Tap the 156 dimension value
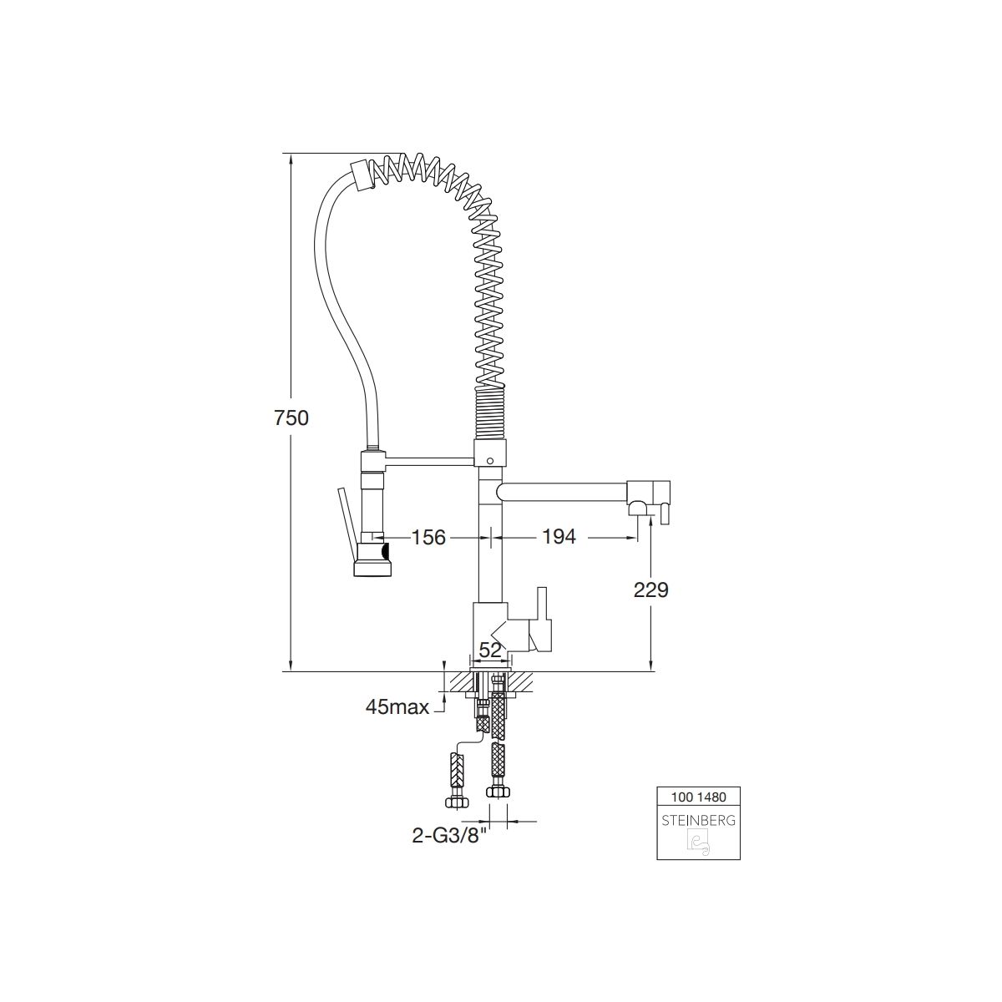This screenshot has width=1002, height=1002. click(x=428, y=537)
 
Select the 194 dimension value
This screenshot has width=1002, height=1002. click(x=559, y=537)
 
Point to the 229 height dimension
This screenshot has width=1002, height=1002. click(x=650, y=590)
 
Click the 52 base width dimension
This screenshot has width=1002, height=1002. click(x=490, y=650)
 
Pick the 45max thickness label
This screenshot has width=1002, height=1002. click(x=397, y=707)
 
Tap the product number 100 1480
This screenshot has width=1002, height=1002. click(x=698, y=797)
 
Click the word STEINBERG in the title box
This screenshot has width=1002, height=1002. click(x=698, y=821)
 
